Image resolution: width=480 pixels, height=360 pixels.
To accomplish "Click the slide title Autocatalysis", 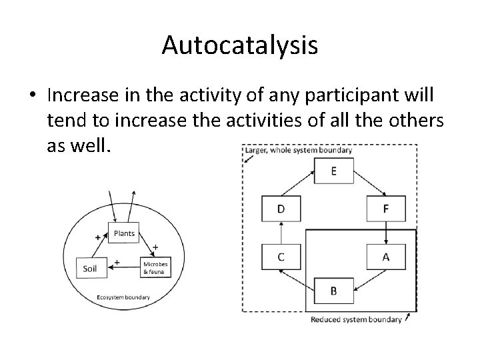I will tap(240, 45).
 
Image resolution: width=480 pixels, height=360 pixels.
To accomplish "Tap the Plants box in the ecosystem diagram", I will tap(124, 233).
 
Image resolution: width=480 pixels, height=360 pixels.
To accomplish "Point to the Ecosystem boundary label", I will tap(123, 297).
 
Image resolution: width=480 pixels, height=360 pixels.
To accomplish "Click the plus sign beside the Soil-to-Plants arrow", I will tap(98, 237).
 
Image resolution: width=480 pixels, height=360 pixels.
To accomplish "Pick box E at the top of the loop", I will tap(333, 172).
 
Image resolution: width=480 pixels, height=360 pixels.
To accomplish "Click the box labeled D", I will tap(281, 209).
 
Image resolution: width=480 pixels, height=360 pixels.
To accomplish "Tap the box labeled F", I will tap(386, 209).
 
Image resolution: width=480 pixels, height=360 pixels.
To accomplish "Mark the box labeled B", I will tap(333, 291).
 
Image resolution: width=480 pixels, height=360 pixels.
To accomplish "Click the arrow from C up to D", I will tap(281, 233).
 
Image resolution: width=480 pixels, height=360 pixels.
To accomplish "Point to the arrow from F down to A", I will tap(386, 233).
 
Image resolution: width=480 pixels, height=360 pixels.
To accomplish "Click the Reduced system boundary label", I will tap(356, 320).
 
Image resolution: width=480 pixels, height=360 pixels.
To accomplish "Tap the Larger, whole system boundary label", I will tap(298, 151).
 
